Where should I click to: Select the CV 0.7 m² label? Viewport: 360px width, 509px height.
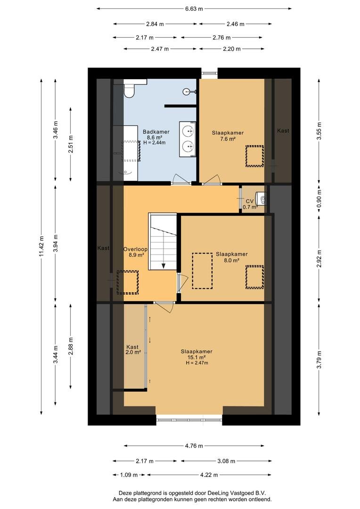[250, 204]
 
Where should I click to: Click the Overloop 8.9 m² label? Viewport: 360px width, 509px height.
[135, 252]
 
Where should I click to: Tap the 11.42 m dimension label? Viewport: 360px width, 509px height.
[41, 246]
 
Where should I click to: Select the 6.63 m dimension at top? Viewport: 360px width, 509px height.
[194, 9]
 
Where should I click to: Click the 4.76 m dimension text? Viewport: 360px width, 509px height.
[194, 446]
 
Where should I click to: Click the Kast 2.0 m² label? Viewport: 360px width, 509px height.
[133, 349]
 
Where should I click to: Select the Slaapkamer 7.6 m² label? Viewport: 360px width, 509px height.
[228, 136]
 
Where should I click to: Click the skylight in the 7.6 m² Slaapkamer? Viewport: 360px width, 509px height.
[254, 156]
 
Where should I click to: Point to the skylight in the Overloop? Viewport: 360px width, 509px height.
[128, 282]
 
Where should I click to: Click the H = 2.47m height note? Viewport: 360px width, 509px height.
[196, 363]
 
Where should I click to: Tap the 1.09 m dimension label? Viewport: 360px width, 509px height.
[129, 475]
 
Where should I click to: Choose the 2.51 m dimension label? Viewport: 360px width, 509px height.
[71, 144]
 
